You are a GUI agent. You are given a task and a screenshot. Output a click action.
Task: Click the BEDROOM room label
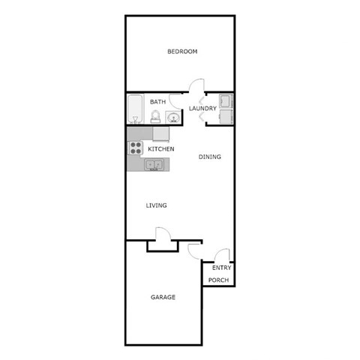coord(181,52)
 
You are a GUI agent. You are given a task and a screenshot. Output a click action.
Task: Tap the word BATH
coord(157,102)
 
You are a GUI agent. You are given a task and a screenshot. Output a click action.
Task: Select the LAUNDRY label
coord(202,109)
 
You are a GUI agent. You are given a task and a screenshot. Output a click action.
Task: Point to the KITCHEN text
coord(160,149)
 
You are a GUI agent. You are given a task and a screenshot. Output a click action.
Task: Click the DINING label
coord(209,157)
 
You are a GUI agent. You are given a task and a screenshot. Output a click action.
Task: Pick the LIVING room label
coord(156,205)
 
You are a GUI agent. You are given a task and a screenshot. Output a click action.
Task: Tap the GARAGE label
coord(163,297)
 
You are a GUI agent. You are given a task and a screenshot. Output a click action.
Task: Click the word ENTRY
coord(221,268)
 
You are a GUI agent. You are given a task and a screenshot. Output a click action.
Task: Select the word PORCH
coord(218,280)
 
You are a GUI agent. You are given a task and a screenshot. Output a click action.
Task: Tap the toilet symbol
coord(155,116)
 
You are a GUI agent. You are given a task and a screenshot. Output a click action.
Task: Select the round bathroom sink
coord(172,116)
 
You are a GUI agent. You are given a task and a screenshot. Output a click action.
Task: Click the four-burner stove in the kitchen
coord(135,148)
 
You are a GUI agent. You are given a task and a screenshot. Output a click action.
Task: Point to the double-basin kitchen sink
coord(154,163)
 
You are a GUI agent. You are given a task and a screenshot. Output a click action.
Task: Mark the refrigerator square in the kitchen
coord(160,133)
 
